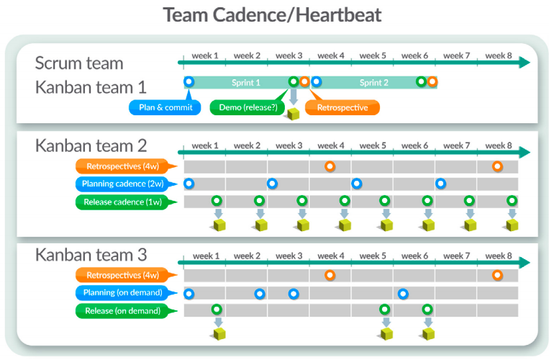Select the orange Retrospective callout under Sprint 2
tap(343, 108)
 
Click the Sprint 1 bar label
tap(246, 83)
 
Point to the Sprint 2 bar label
tap(374, 83)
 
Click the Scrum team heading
tap(79, 63)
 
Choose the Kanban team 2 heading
tap(91, 145)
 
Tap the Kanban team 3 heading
tap(91, 254)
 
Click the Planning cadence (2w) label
tap(122, 184)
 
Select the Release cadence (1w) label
tap(122, 202)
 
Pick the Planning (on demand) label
tap(122, 293)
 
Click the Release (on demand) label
tap(122, 311)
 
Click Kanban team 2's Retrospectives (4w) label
tap(122, 166)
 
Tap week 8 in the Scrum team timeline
tap(499, 55)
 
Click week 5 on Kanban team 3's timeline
tap(373, 256)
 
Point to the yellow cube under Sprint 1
tap(294, 114)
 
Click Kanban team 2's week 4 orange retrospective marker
tap(330, 166)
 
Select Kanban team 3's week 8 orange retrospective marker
tap(497, 275)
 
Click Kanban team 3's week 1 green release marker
tap(217, 310)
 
